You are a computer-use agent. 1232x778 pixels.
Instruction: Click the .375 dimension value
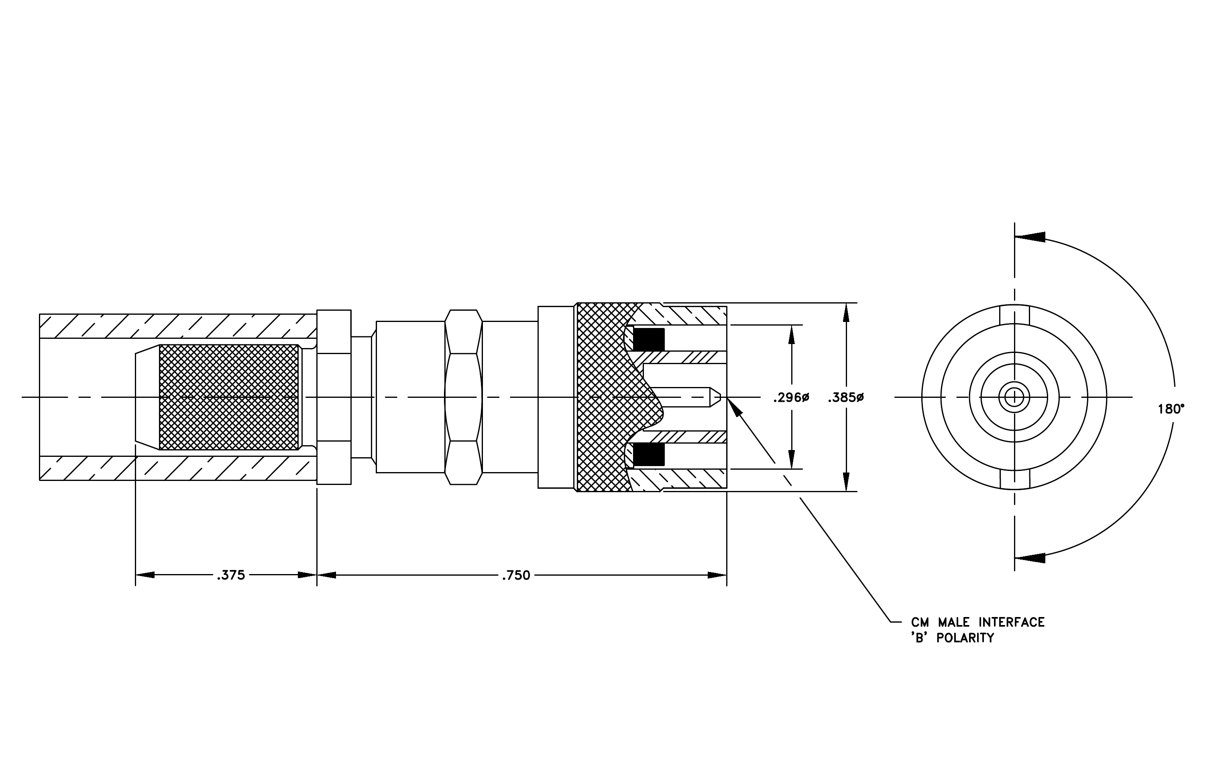231,575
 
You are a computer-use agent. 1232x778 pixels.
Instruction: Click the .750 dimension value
516,575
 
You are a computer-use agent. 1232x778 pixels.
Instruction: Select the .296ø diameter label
791,397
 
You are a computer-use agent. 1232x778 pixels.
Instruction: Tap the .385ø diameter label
846,397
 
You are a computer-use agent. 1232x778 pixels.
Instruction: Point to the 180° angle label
1171,409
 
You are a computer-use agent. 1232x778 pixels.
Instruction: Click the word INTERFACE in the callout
1012,623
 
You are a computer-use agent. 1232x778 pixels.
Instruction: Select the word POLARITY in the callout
965,638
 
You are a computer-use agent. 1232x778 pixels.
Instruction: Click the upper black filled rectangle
649,339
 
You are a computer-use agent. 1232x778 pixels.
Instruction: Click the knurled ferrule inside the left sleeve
229,397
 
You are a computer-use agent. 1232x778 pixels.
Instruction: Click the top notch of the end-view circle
1014,315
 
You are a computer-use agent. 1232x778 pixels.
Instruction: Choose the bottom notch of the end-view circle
1014,479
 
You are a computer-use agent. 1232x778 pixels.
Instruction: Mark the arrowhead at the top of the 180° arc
1029,237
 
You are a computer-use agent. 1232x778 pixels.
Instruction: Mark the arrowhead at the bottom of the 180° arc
1029,558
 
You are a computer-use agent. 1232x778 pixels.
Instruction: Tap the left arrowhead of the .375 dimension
145,575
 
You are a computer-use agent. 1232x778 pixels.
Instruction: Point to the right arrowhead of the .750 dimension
717,575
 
